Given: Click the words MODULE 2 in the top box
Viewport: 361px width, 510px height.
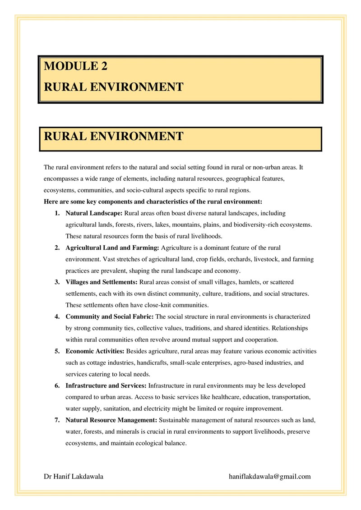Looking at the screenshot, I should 76,66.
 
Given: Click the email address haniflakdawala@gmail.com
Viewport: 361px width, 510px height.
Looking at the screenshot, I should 270,476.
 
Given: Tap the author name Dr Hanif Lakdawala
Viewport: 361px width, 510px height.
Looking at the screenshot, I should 74,476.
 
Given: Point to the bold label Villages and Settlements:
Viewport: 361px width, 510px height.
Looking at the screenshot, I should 102,282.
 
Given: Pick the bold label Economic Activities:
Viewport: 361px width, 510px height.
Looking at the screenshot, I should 95,351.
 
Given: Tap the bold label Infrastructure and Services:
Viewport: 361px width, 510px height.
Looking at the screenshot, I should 106,386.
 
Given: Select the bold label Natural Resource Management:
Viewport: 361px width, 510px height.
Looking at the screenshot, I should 111,420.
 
